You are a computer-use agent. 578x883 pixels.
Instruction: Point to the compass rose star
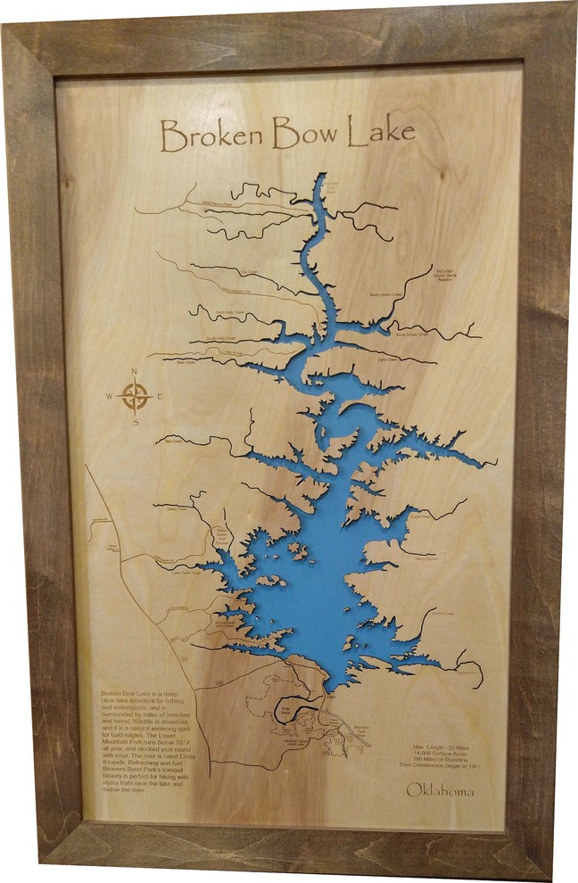[x=135, y=395]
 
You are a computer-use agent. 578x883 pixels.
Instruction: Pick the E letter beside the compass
[x=159, y=396]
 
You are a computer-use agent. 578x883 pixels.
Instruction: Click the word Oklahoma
[x=440, y=790]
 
